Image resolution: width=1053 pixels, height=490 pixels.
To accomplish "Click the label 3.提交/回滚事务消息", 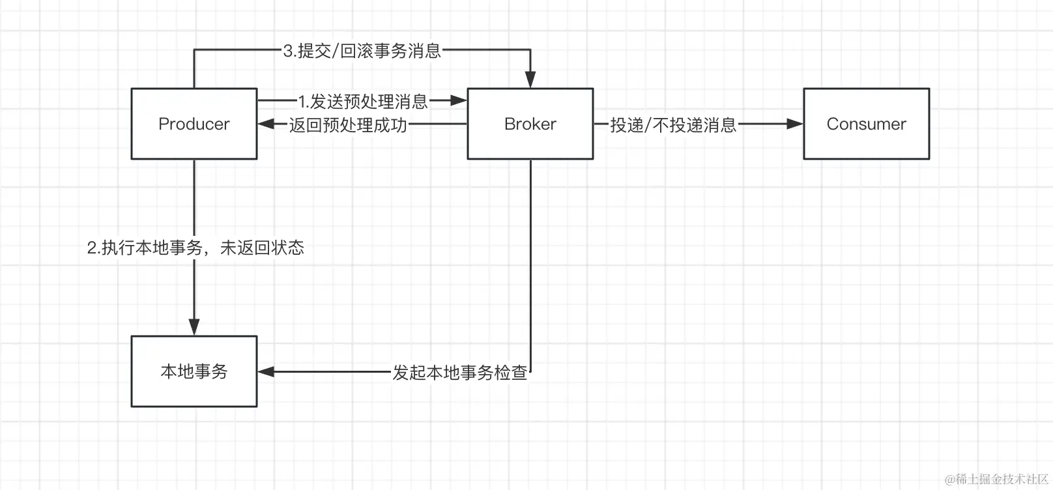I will pyautogui.click(x=362, y=51).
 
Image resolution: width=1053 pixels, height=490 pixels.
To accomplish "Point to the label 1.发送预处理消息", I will pyautogui.click(x=362, y=101).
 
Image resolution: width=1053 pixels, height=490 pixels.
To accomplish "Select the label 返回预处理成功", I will pyautogui.click(x=348, y=124).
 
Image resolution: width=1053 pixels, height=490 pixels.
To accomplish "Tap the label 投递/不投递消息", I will pyautogui.click(x=672, y=124).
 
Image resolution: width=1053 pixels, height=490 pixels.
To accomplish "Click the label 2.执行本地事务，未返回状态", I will pyautogui.click(x=195, y=248).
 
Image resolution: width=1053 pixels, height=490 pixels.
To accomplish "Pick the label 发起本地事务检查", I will pyautogui.click(x=459, y=372).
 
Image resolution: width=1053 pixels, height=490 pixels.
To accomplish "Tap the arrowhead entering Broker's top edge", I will pyautogui.click(x=530, y=79).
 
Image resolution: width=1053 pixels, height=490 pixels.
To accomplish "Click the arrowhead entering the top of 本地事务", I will pyautogui.click(x=194, y=327).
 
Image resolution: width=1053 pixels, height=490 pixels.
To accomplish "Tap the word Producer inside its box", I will pyautogui.click(x=194, y=124).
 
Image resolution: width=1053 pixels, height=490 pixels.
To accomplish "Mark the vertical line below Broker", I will pyautogui.click(x=530, y=261).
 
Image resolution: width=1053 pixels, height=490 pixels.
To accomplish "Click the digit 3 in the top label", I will pyautogui.click(x=288, y=51).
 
